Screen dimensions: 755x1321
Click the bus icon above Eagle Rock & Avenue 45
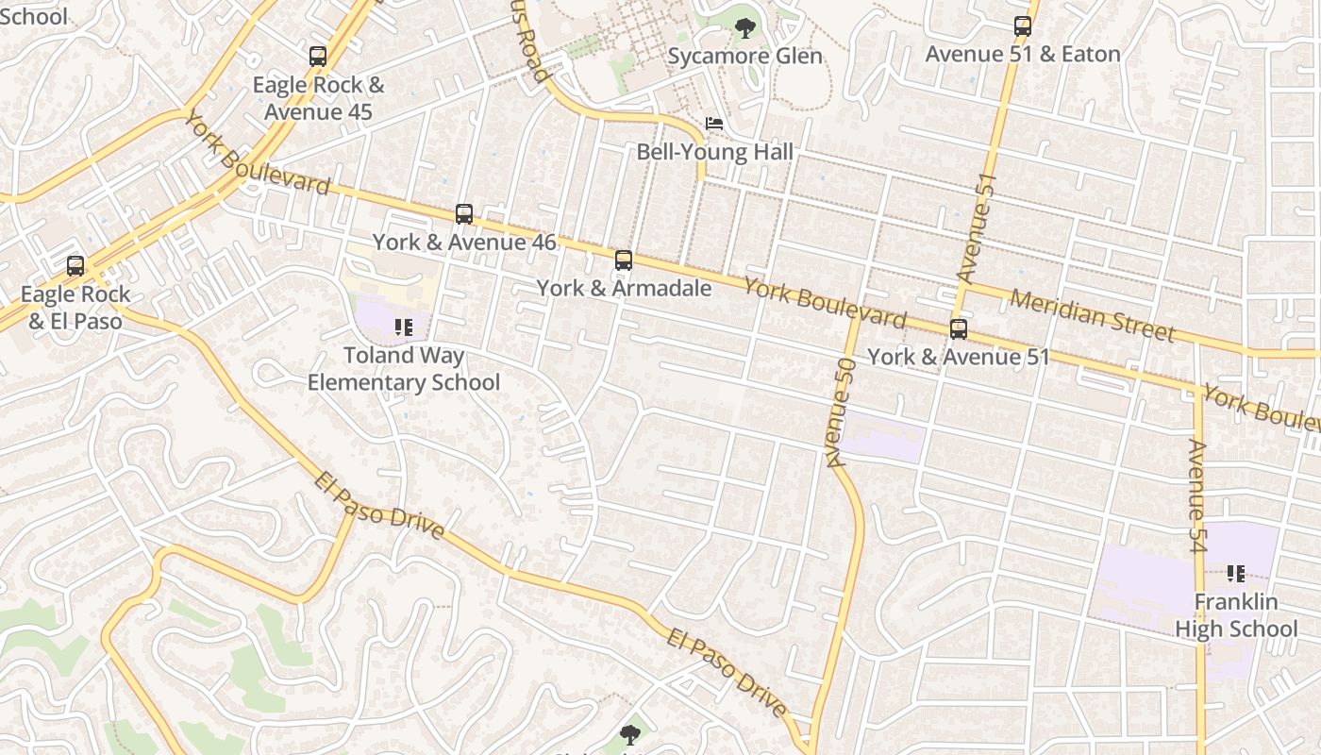point(318,57)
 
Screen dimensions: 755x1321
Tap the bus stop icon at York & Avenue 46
point(463,214)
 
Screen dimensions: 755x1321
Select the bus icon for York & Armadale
point(623,260)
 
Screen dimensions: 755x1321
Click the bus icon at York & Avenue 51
point(959,329)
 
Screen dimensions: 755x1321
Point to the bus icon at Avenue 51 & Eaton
point(1023,26)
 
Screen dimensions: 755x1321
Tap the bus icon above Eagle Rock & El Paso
point(75,267)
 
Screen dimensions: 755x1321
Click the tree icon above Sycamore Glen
point(744,28)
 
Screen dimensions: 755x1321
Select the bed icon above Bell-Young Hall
point(714,125)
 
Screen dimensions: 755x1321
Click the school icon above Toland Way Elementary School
point(404,328)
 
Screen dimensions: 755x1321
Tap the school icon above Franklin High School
point(1236,574)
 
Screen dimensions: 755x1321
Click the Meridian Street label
point(1092,315)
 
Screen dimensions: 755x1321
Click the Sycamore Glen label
point(744,56)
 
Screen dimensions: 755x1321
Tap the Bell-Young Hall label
point(714,152)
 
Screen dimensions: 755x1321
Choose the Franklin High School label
point(1236,615)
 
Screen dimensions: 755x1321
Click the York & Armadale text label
point(624,288)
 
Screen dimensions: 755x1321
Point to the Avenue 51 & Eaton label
point(1023,54)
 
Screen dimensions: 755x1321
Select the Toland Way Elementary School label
point(404,369)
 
